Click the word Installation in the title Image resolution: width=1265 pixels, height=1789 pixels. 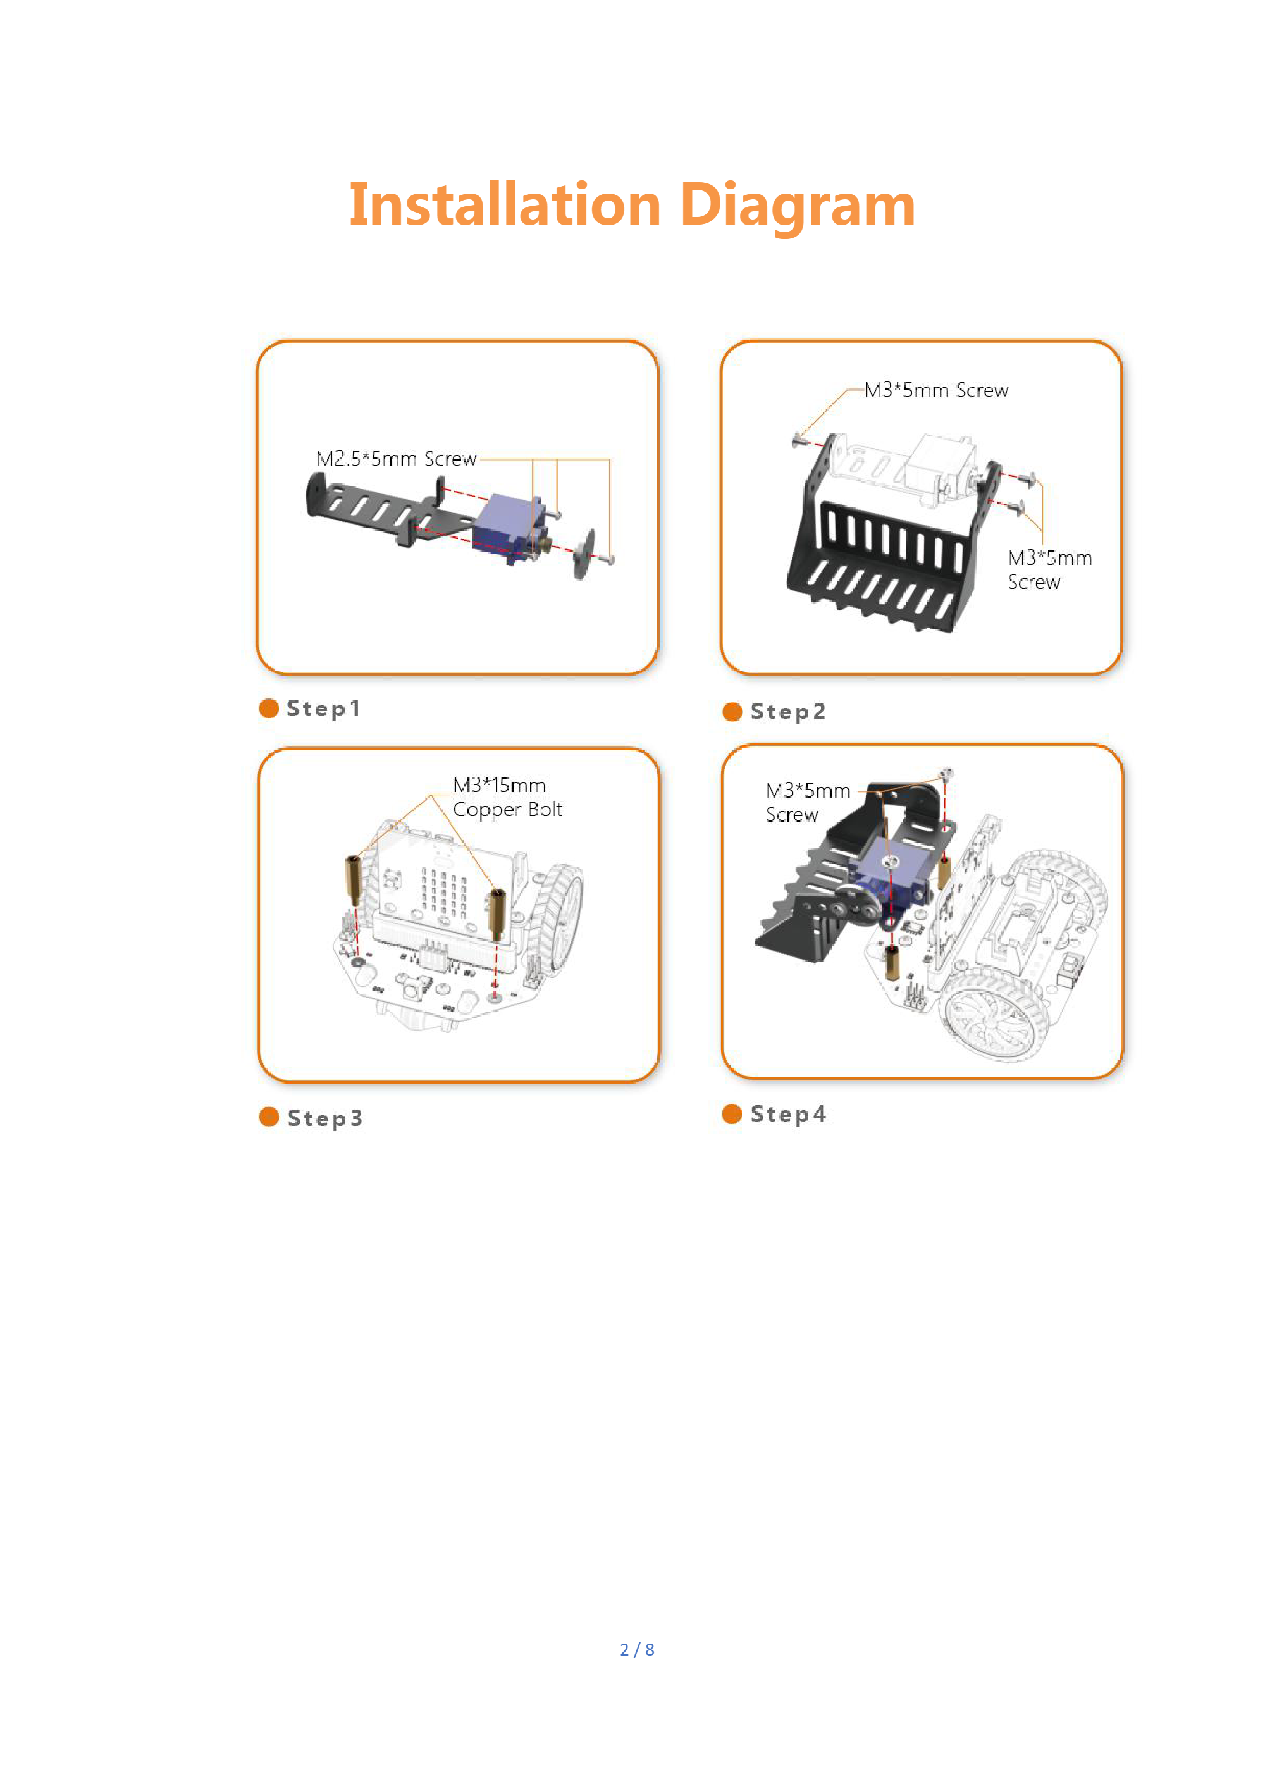(505, 204)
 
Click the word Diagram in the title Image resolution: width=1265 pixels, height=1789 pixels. (798, 206)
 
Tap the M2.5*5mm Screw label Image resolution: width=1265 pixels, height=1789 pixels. (396, 459)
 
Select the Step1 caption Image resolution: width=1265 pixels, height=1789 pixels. (323, 709)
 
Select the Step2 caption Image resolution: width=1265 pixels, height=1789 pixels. (787, 712)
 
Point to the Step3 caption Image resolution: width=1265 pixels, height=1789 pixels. (325, 1118)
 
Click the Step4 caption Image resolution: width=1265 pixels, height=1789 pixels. (787, 1114)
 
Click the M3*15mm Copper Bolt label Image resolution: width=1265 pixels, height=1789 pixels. (507, 797)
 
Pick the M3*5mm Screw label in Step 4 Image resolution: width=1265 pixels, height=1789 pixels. (807, 803)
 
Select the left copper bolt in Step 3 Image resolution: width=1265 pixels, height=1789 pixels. (353, 880)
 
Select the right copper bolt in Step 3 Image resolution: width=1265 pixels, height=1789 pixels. (496, 913)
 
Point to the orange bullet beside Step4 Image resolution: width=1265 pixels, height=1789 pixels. (731, 1113)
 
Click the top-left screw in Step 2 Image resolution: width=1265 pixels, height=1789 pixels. (798, 441)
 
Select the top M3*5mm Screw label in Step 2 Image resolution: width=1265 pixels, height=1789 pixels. (935, 390)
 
